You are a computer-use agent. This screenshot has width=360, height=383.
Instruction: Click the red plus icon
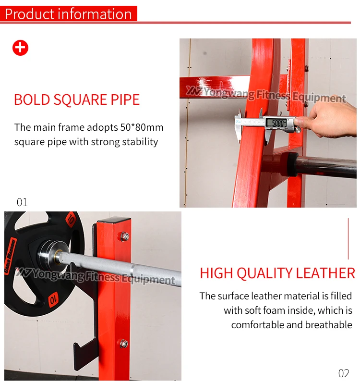pyautogui.click(x=20, y=48)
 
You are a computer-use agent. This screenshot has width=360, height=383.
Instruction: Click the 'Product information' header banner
pyautogui.click(x=69, y=13)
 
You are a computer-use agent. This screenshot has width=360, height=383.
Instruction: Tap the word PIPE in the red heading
pyautogui.click(x=125, y=99)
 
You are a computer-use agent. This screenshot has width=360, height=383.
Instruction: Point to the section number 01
pyautogui.click(x=22, y=202)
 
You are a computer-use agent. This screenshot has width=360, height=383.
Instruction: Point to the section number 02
pyautogui.click(x=344, y=373)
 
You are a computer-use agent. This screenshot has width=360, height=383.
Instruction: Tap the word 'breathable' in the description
pyautogui.click(x=328, y=325)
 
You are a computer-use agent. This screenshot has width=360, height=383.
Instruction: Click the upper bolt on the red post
pyautogui.click(x=124, y=236)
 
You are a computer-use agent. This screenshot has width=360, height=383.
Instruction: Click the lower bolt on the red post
pyautogui.click(x=124, y=344)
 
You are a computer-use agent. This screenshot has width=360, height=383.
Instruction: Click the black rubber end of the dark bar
pyautogui.click(x=292, y=164)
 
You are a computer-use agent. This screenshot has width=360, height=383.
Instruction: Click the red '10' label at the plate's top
pyautogui.click(x=71, y=219)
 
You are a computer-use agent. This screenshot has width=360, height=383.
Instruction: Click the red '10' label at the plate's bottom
pyautogui.click(x=53, y=299)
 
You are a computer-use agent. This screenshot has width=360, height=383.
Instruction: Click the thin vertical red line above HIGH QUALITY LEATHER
pyautogui.click(x=348, y=239)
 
